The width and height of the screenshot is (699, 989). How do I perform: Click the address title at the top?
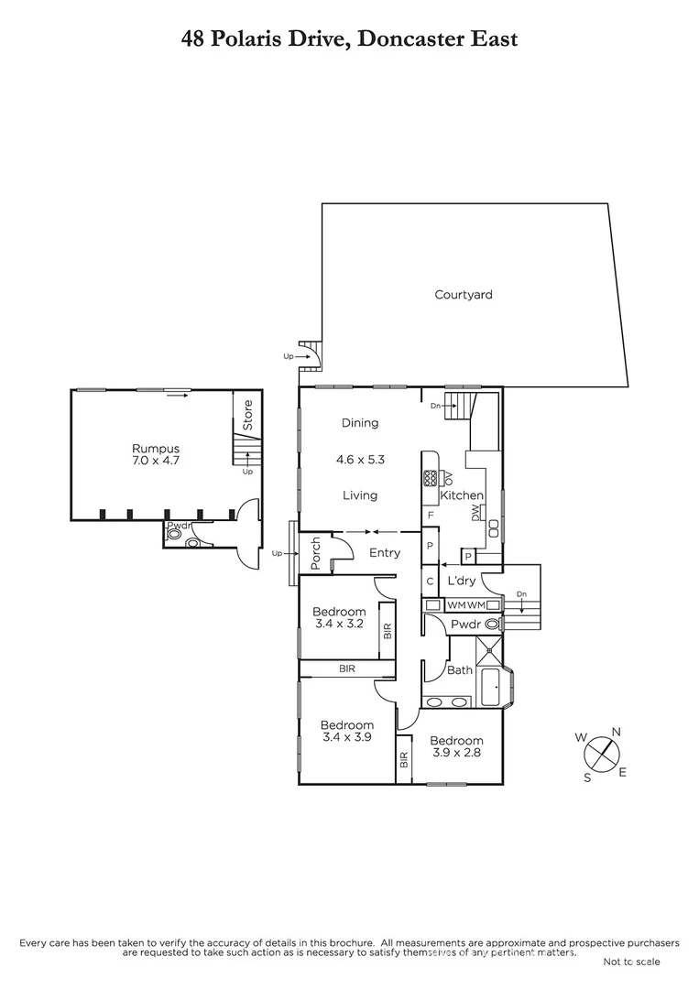click(349, 38)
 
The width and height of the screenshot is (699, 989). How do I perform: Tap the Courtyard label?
click(464, 295)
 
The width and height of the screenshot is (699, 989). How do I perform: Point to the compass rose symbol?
click(600, 754)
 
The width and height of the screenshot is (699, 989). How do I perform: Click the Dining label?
click(360, 423)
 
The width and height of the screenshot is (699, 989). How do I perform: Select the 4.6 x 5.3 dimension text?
click(360, 460)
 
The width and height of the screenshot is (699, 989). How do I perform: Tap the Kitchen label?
click(462, 495)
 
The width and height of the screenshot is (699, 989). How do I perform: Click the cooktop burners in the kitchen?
click(431, 478)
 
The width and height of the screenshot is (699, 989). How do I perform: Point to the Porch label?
click(316, 553)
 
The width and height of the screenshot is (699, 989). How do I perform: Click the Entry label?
click(385, 553)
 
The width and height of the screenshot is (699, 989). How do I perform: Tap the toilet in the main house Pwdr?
click(493, 624)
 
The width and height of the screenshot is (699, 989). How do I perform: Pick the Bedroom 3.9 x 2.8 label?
click(456, 746)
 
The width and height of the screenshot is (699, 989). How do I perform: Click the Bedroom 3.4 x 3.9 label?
click(347, 731)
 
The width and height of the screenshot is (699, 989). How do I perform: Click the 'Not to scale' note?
click(631, 962)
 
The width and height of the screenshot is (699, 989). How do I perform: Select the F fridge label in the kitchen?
click(430, 516)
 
